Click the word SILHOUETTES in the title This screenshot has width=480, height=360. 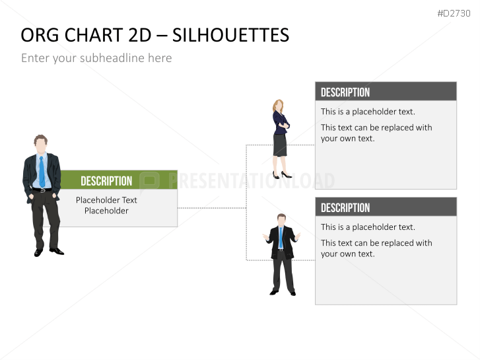tap(231, 35)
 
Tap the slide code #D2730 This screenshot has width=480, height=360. tap(454, 13)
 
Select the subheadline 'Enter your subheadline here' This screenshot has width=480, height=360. tap(96, 58)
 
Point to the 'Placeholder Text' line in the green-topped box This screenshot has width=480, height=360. tap(106, 200)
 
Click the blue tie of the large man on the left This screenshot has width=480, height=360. tap(42, 172)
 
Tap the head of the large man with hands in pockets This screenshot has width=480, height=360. tap(41, 144)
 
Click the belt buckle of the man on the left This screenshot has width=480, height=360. tap(42, 190)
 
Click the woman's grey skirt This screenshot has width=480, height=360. tap(280, 145)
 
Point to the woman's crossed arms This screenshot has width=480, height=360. tap(283, 124)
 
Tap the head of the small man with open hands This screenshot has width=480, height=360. tap(281, 220)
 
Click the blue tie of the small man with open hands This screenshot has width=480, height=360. tap(281, 237)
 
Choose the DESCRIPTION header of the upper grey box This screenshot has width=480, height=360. tap(345, 92)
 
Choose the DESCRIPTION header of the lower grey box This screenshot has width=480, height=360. tap(345, 207)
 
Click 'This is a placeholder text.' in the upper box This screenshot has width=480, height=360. tap(368, 112)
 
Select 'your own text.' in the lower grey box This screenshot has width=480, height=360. tap(347, 254)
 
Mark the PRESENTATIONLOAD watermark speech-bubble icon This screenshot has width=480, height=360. tap(150, 182)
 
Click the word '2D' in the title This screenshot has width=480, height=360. tap(140, 35)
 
